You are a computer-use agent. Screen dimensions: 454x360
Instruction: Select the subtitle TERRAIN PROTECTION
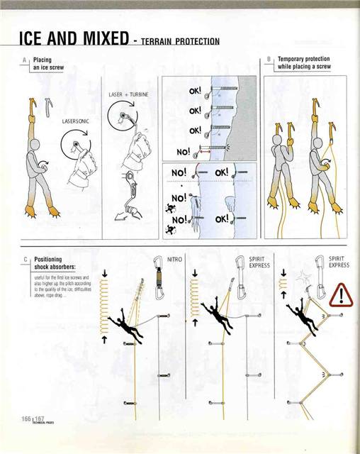(179, 41)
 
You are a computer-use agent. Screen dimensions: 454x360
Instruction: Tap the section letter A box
(26, 62)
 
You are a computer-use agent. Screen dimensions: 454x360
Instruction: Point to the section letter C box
(26, 260)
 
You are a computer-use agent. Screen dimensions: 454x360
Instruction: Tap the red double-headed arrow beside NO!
(205, 150)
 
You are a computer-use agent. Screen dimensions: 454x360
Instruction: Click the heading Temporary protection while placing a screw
(304, 62)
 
